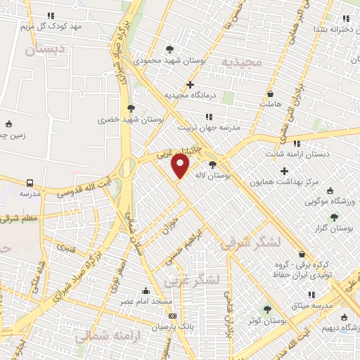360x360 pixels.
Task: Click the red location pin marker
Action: (181, 166)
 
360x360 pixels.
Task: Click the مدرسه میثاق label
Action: (328, 306)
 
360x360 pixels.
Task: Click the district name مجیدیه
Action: (241, 63)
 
